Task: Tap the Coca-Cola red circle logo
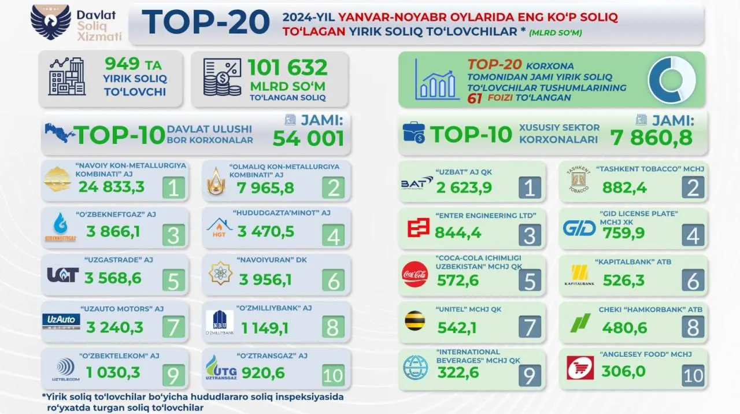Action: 415,274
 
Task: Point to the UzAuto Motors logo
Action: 61,322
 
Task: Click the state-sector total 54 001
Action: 308,138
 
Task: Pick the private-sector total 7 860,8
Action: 651,138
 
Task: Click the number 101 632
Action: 287,68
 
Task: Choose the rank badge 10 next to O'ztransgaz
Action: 332,375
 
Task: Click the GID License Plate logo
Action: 579,228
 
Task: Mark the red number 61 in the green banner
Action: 477,98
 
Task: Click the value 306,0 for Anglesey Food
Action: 623,371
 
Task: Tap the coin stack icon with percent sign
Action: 222,79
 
